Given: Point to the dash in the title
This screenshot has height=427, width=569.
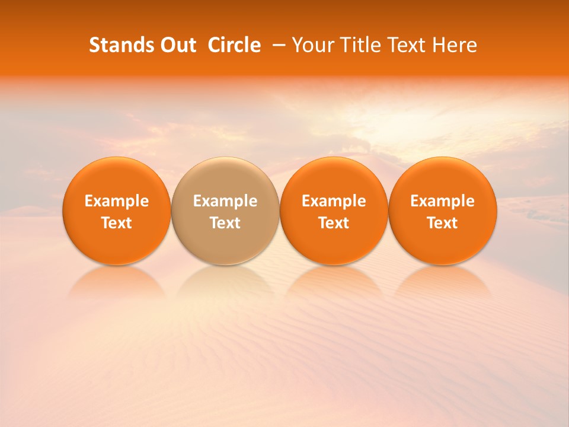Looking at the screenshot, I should point(277,45).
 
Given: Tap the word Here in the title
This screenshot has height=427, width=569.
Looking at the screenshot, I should point(455,45).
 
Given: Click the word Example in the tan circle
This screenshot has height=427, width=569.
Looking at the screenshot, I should point(225,201).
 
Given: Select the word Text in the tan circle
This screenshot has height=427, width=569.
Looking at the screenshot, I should point(225,223).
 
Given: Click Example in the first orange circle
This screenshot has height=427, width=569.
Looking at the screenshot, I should point(117,201).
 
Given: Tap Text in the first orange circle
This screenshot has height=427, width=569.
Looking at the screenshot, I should point(117,223).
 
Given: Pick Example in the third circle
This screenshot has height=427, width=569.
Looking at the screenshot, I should point(334,201).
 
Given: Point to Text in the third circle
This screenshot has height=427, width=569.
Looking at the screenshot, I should point(334,223).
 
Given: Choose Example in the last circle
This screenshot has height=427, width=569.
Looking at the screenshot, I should point(442,201).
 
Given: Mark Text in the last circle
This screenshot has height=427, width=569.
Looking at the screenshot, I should point(442,223).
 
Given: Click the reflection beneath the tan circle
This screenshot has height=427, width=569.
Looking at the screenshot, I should point(225,282).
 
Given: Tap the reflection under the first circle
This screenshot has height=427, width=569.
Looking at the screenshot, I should point(117,282).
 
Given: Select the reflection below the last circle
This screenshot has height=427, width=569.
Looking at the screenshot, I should point(442,282).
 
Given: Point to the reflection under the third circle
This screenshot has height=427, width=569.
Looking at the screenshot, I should point(334,282).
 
